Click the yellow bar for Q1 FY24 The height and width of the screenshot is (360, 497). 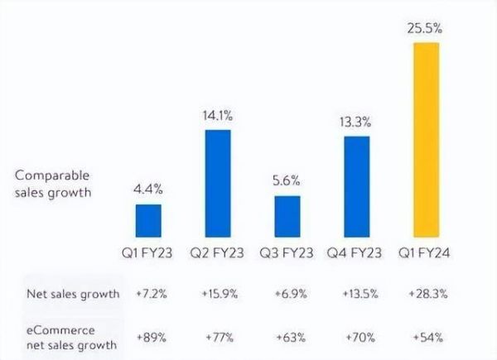click(x=427, y=140)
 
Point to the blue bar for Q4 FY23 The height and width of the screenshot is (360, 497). click(x=357, y=187)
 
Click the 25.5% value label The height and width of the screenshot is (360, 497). click(x=427, y=28)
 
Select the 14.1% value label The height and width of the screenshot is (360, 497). click(x=218, y=116)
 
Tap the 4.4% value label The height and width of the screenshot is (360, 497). click(x=148, y=190)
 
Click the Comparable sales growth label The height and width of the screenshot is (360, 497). click(x=51, y=184)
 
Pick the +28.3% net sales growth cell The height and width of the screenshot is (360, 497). click(x=427, y=294)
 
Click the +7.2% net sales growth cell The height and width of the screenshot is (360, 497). click(x=148, y=294)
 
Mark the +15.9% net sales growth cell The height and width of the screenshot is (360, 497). click(x=218, y=294)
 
